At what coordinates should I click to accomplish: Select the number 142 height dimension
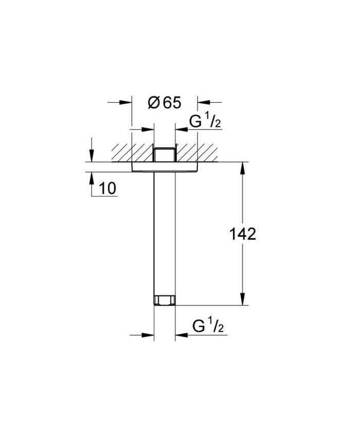(x=242, y=235)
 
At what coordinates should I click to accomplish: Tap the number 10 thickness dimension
(x=107, y=189)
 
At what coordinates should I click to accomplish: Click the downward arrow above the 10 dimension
(x=92, y=157)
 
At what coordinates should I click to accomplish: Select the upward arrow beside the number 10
(x=92, y=177)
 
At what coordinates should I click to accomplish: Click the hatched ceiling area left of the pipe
(x=129, y=152)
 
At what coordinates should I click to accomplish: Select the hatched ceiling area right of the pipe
(x=198, y=152)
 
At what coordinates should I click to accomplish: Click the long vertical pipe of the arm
(x=165, y=231)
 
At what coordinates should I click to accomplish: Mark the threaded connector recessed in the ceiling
(x=165, y=154)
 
